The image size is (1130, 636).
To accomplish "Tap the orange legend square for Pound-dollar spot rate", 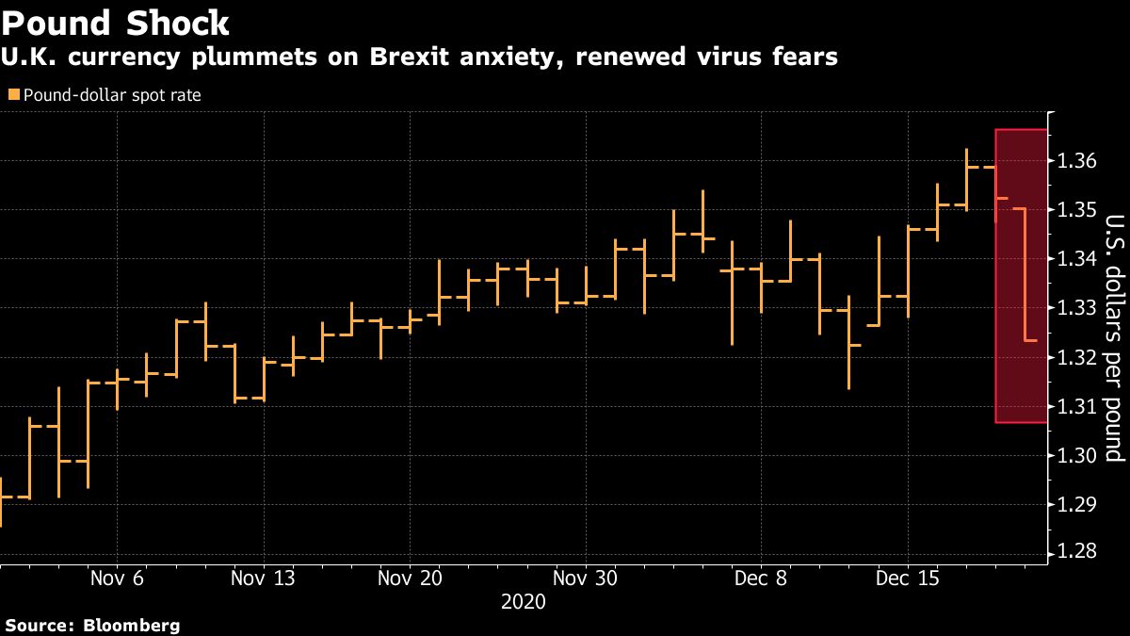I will (x=12, y=94).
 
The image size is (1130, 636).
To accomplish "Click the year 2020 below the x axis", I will (x=524, y=601).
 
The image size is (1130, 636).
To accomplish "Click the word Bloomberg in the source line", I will (x=133, y=625).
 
